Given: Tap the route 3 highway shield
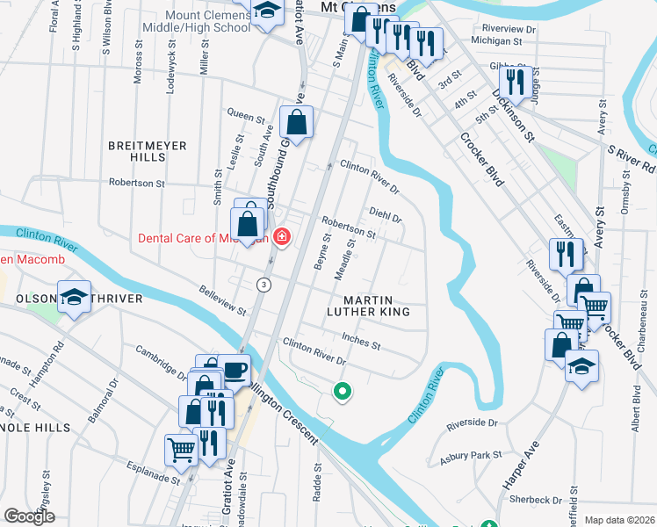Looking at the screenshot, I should [x=263, y=285].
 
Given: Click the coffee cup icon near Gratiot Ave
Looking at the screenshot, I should [x=235, y=370].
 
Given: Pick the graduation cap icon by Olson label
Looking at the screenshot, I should [x=75, y=296].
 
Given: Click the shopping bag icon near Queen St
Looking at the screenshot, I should [x=297, y=122].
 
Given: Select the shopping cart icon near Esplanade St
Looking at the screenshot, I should [x=181, y=449].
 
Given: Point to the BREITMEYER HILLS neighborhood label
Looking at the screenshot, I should [x=136, y=150].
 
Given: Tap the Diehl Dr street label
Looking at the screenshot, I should [x=386, y=215].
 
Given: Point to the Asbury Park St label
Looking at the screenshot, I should [x=472, y=455].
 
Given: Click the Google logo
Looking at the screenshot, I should [x=29, y=516].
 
